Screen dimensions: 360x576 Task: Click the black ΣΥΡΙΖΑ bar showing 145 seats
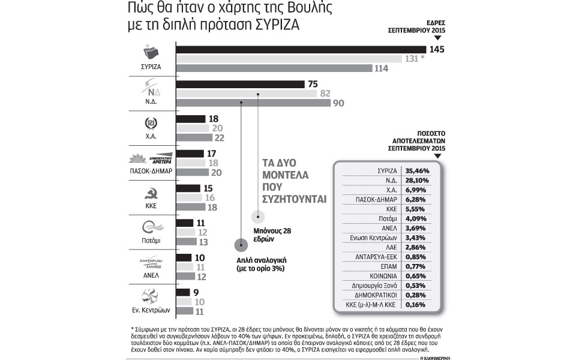pos(300,49)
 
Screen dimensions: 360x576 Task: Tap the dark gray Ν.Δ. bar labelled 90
pos(252,103)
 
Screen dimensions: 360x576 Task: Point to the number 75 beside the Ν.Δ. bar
pos(312,85)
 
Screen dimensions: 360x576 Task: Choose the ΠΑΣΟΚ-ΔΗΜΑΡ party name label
pos(151,171)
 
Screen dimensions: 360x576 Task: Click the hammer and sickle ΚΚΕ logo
pos(151,194)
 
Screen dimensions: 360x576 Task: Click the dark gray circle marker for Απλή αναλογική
pos(241,245)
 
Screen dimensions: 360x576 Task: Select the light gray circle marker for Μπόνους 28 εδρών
pos(258,216)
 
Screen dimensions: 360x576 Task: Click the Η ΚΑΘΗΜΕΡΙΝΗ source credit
pos(437,358)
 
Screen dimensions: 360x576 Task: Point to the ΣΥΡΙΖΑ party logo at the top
pos(151,50)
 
